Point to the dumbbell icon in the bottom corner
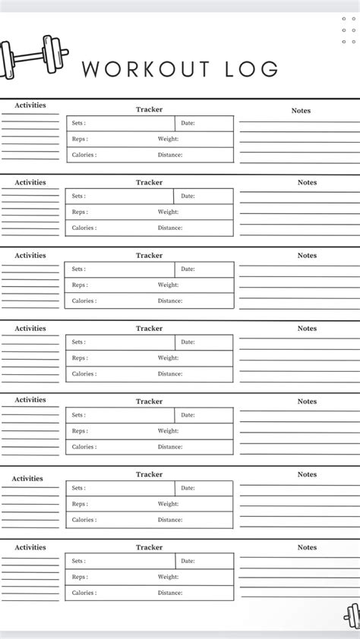click(352, 616)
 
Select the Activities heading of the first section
click(30, 105)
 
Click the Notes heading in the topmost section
click(301, 111)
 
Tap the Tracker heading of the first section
click(149, 109)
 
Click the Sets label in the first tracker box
click(78, 123)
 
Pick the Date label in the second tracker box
click(188, 196)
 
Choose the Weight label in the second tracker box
click(168, 212)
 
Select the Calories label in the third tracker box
click(84, 301)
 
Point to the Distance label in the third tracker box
click(170, 301)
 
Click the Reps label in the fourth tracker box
click(80, 357)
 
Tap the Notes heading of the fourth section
click(307, 329)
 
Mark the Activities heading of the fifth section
click(30, 400)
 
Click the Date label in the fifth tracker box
click(188, 415)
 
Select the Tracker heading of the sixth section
click(149, 474)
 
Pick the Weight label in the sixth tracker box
click(168, 504)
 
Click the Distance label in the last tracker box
click(170, 593)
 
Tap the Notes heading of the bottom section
click(307, 547)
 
